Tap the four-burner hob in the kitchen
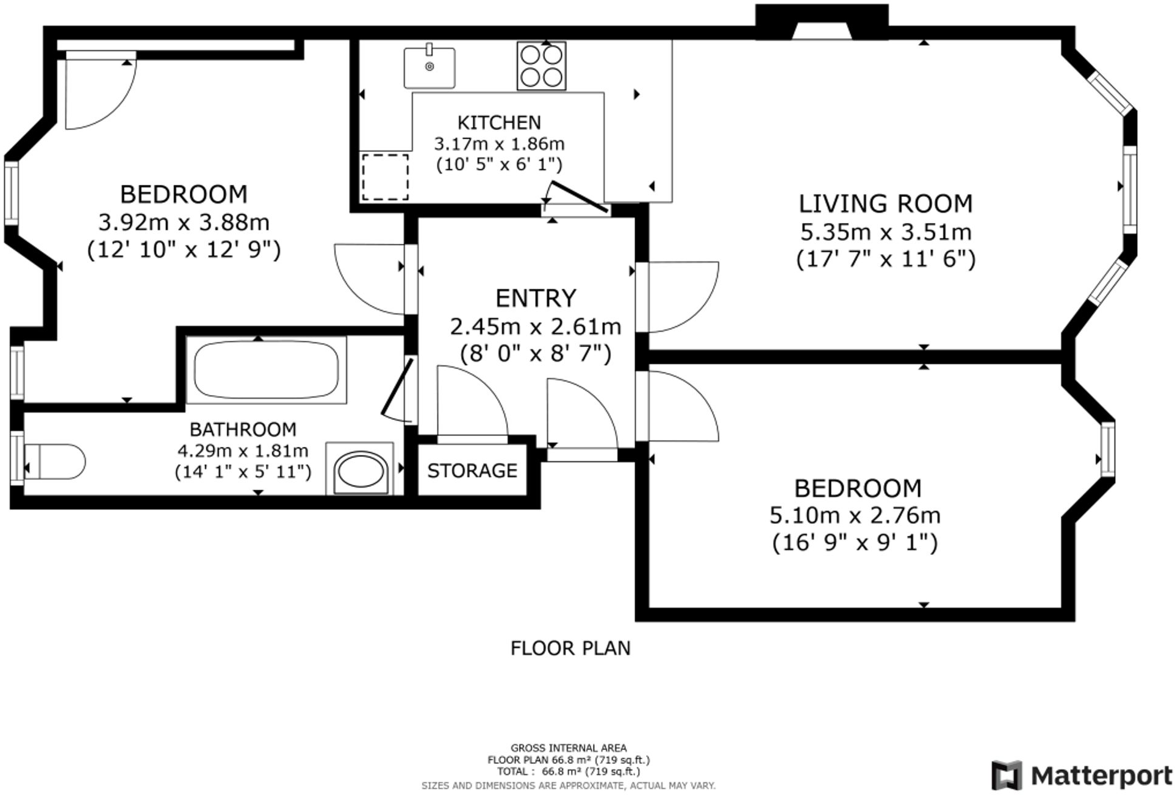pyautogui.click(x=541, y=66)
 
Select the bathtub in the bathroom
pyautogui.click(x=266, y=369)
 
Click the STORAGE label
pyautogui.click(x=472, y=471)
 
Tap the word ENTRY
pyautogui.click(x=536, y=298)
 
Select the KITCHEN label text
pyautogui.click(x=499, y=123)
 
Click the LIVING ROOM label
pyautogui.click(x=886, y=204)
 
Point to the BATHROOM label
pyautogui.click(x=243, y=429)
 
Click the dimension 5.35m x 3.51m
pyautogui.click(x=886, y=232)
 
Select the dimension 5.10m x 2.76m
pyautogui.click(x=855, y=516)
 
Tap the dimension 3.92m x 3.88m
pyautogui.click(x=184, y=222)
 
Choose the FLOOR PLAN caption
pyautogui.click(x=570, y=648)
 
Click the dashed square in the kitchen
pyautogui.click(x=385, y=177)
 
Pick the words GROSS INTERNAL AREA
pyautogui.click(x=569, y=748)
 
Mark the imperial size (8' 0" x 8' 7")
pyautogui.click(x=536, y=354)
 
